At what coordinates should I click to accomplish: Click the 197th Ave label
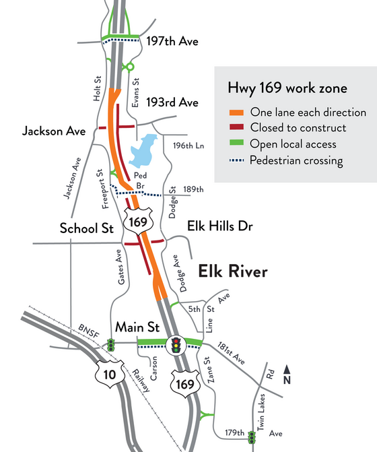click(x=172, y=42)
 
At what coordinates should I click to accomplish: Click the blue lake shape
click(x=142, y=152)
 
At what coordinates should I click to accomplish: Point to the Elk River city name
click(x=232, y=272)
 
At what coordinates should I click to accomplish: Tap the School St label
click(x=86, y=228)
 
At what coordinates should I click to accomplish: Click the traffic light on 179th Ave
click(x=252, y=437)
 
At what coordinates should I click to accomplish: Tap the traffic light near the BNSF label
click(x=110, y=346)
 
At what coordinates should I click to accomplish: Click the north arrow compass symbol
click(x=288, y=372)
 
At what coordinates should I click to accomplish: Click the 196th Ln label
click(x=186, y=146)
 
